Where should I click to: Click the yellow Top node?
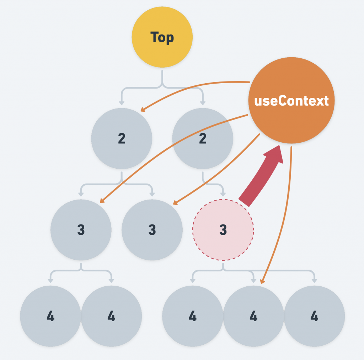(x=162, y=37)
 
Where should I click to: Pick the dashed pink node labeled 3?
(x=223, y=229)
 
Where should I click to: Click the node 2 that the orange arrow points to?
(x=122, y=138)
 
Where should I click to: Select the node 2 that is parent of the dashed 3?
(x=203, y=138)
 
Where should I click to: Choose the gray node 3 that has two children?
(x=81, y=229)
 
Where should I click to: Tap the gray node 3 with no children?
(x=152, y=229)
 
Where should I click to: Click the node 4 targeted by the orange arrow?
(x=253, y=316)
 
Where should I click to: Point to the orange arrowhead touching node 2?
(x=143, y=109)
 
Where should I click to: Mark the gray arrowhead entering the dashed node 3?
(x=223, y=194)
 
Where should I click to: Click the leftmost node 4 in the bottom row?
(x=50, y=316)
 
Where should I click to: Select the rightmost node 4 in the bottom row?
(x=314, y=316)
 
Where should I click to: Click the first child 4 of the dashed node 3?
(x=192, y=316)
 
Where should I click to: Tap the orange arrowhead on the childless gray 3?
(x=175, y=203)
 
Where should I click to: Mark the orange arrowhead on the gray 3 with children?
(x=102, y=201)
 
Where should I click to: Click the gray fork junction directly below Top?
(x=162, y=85)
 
